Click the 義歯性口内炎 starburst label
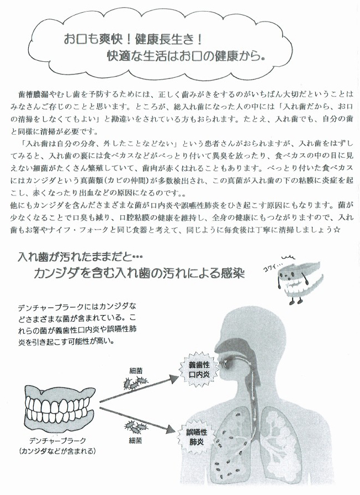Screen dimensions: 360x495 [x=199, y=370]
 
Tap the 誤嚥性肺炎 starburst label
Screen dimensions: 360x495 [x=197, y=437]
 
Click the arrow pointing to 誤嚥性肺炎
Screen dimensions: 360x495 [x=137, y=420]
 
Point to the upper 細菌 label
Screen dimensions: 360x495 [x=136, y=371]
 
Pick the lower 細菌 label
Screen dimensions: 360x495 [x=135, y=440]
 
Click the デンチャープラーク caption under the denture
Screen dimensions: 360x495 [x=57, y=441]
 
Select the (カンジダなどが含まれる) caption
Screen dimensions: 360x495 [x=57, y=451]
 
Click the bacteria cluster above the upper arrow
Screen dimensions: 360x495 [x=135, y=382]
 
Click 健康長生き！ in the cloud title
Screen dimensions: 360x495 [x=168, y=40]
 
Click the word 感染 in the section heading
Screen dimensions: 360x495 [x=233, y=273]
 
